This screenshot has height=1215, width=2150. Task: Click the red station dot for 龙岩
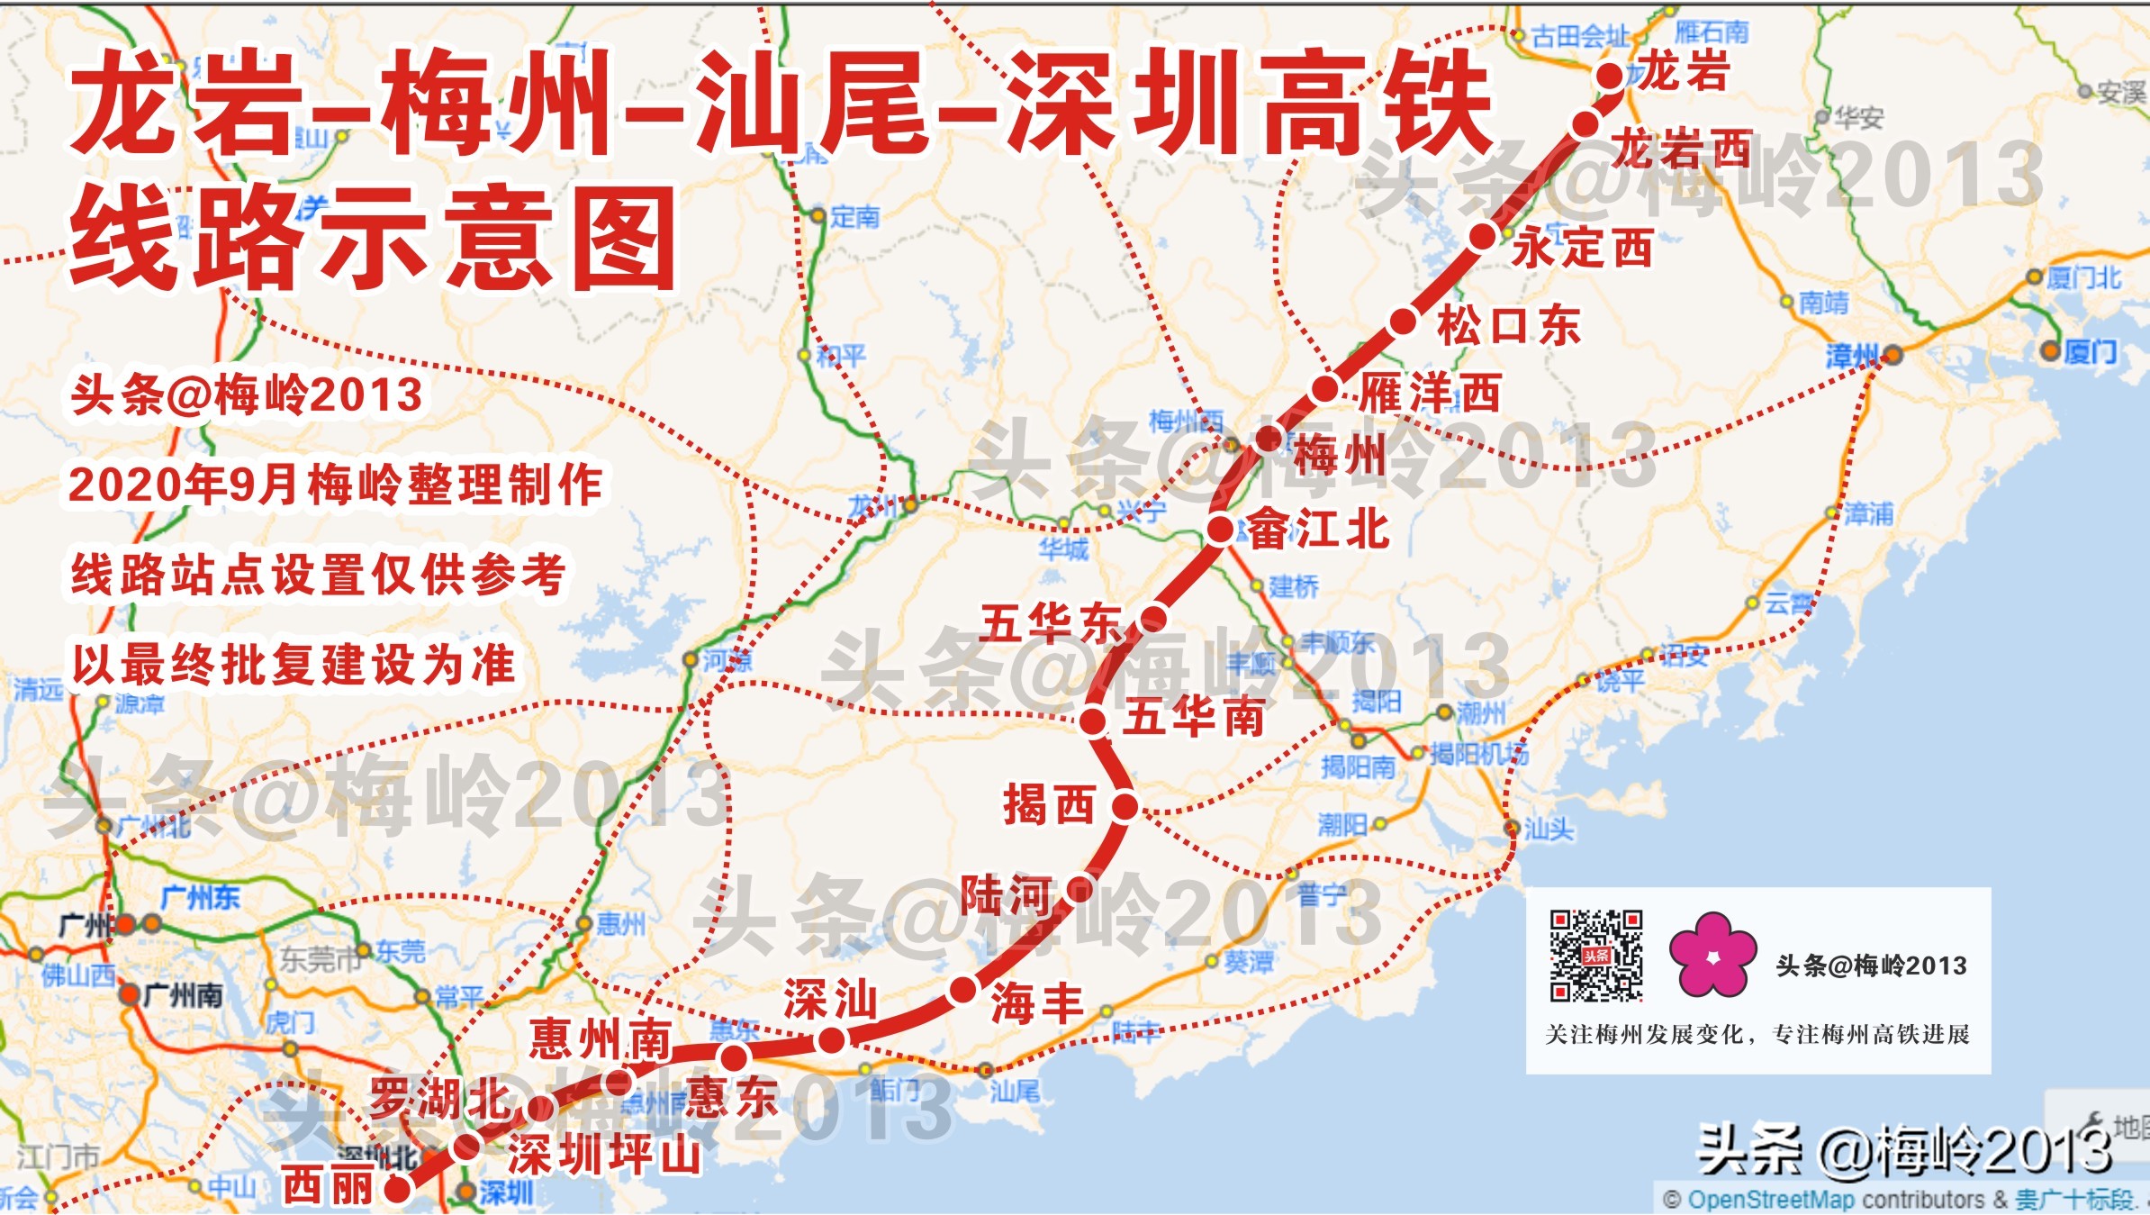click(1610, 76)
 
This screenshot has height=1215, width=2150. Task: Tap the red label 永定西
click(1582, 247)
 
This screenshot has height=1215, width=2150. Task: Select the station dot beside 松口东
click(1403, 322)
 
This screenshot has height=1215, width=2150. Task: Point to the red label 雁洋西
click(1430, 393)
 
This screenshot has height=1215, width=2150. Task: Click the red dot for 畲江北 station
click(1220, 530)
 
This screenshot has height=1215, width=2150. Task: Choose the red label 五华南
click(1193, 718)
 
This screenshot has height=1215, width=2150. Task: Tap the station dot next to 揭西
click(1125, 806)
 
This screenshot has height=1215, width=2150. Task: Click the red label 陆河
click(1006, 894)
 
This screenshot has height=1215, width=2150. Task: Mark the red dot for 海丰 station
click(962, 991)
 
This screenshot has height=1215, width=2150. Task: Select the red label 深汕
click(830, 1000)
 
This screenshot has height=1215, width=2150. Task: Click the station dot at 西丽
click(397, 1190)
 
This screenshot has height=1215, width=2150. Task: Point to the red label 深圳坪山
click(604, 1155)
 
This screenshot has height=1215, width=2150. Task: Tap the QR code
click(1595, 956)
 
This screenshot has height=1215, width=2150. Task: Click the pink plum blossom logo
click(1712, 956)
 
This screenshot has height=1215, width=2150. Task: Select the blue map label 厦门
click(2090, 351)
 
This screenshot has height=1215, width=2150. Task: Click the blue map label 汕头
click(1549, 829)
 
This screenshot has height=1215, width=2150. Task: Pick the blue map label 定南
click(854, 216)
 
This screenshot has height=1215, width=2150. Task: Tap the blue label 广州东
click(200, 898)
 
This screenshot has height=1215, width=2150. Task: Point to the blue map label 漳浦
click(1868, 514)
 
